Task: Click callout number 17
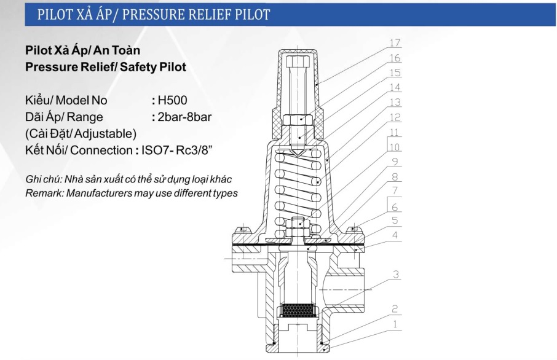tap(395, 43)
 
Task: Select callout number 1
tap(395, 324)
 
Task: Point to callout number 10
tap(395, 147)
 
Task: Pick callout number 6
tap(395, 207)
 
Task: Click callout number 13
tap(395, 102)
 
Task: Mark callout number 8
tap(395, 177)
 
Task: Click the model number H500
tap(172, 101)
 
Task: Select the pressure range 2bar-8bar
tap(184, 117)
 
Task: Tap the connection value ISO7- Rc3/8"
tap(177, 150)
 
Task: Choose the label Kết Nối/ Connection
tap(78, 150)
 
